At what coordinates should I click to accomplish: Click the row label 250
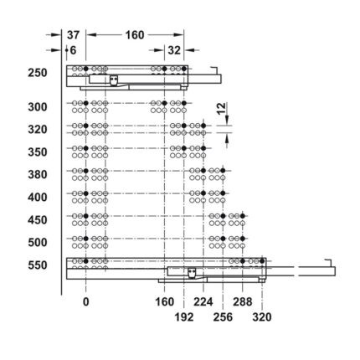pos(38,73)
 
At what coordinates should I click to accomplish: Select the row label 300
pos(38,107)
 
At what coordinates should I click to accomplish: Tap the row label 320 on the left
pos(38,130)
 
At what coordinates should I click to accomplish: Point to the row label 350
pos(38,152)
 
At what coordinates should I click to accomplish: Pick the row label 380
pos(38,175)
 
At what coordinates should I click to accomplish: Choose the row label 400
pos(38,198)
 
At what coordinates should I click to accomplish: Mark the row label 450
pos(38,220)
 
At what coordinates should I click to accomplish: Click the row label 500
pos(38,243)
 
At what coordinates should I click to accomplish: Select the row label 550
pos(38,265)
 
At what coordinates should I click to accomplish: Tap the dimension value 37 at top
pos(73,35)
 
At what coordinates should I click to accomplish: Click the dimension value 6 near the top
pos(73,50)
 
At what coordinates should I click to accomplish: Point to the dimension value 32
pos(174,50)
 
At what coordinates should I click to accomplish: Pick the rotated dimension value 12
pos(221,108)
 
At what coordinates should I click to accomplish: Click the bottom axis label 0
pos(86,301)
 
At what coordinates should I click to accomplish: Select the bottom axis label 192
pos(184,317)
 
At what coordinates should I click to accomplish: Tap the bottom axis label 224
pos(203,301)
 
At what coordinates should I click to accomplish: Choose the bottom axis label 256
pos(223,317)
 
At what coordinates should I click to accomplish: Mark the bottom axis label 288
pos(243,301)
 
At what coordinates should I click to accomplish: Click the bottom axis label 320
pos(262,317)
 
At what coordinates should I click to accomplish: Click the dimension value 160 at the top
pos(135,35)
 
